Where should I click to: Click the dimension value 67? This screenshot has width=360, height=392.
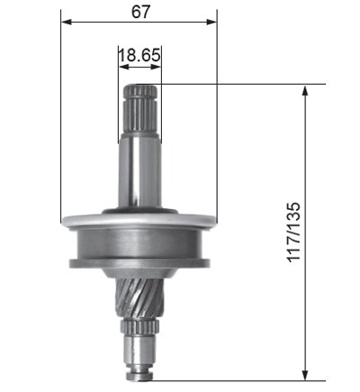140,12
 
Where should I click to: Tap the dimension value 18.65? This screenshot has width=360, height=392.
139,55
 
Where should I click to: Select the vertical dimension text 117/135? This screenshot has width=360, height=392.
293,232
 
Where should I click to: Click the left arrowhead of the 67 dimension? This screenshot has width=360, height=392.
67,22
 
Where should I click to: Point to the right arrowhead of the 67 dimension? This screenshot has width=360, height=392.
211,22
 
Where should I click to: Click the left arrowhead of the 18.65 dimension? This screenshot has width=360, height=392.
123,67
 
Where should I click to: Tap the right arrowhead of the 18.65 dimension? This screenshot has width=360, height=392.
156,67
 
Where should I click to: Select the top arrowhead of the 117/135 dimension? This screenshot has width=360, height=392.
305,90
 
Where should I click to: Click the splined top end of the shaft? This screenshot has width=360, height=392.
140,109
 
